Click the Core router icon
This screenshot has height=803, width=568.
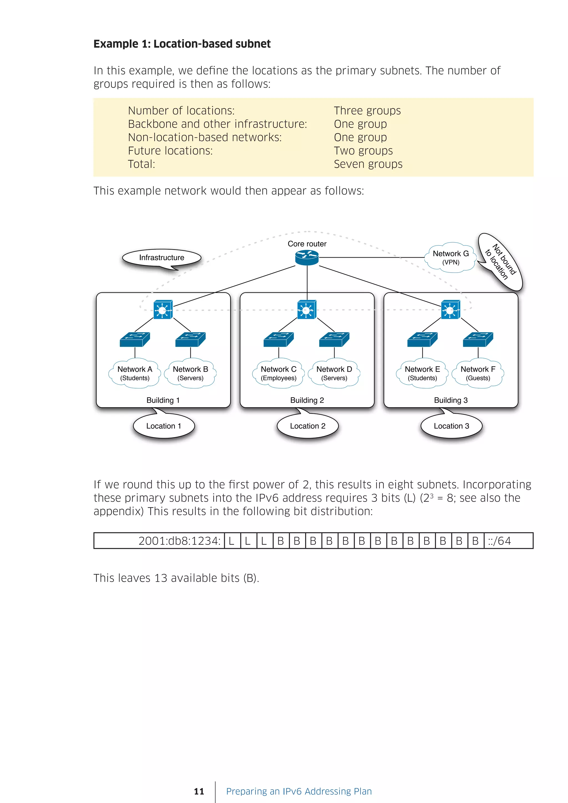[x=307, y=258]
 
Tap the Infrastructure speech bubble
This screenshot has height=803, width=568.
[x=162, y=258]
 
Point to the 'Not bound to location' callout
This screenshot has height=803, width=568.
[x=501, y=262]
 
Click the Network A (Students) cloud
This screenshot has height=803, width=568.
[x=135, y=373]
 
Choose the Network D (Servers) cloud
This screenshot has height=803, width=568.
[x=334, y=373]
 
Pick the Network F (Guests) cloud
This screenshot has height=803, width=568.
[x=478, y=373]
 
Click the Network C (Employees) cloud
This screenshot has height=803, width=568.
[x=278, y=373]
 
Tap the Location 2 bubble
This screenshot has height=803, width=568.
[x=307, y=426]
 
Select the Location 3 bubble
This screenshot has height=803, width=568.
[x=451, y=426]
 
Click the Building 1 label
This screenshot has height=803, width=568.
[x=163, y=400]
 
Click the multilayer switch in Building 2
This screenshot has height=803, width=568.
[x=307, y=309]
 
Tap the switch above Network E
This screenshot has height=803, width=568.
[x=422, y=339]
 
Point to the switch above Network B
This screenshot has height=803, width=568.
[x=190, y=339]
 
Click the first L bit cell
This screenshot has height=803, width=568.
[x=232, y=541]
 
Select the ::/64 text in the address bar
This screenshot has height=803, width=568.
[x=499, y=541]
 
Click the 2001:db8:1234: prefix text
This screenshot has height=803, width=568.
[x=179, y=541]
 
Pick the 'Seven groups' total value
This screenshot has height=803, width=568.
[x=368, y=164]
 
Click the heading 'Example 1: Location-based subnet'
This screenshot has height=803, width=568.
[x=182, y=44]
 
